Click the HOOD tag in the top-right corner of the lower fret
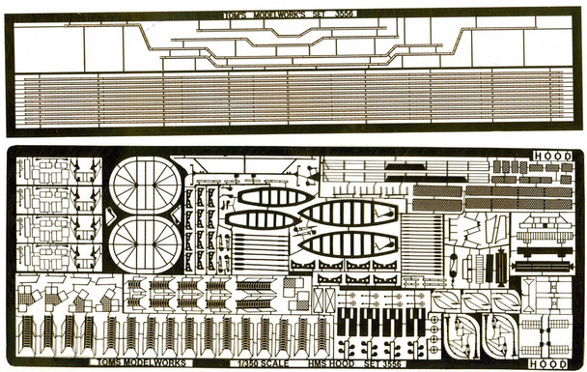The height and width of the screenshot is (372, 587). click(559, 157)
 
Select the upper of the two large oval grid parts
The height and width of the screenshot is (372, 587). click(143, 184)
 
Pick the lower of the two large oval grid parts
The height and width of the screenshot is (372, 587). click(143, 243)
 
